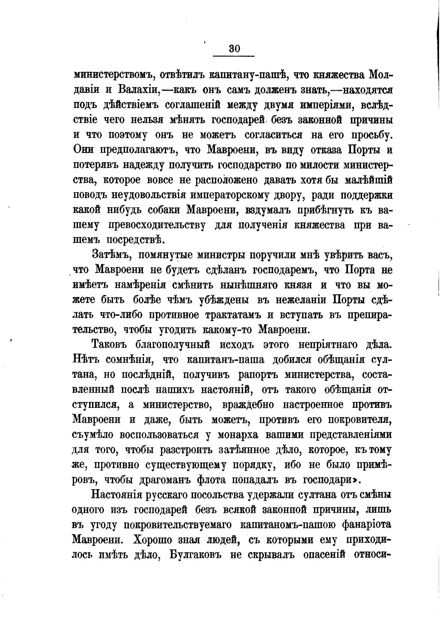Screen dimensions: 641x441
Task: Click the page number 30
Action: tap(234, 49)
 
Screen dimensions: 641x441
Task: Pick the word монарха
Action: tap(238, 435)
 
